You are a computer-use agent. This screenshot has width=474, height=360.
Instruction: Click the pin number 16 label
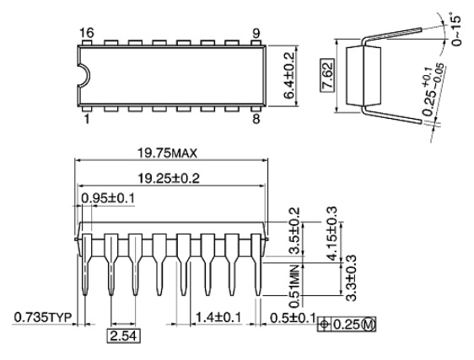point(87,33)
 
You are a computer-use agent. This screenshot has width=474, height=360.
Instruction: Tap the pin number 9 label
point(256,33)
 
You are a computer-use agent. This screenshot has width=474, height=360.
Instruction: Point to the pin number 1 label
point(87,119)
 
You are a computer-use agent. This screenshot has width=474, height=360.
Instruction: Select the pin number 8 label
point(256,119)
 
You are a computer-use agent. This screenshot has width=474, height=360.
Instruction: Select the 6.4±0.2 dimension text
point(289,76)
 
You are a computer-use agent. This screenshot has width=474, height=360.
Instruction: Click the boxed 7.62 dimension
point(327,75)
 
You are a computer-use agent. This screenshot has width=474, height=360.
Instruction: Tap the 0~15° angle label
point(455,30)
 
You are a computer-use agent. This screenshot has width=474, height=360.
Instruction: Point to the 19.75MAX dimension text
point(167,153)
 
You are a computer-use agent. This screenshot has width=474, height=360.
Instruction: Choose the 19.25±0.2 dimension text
point(169,179)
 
